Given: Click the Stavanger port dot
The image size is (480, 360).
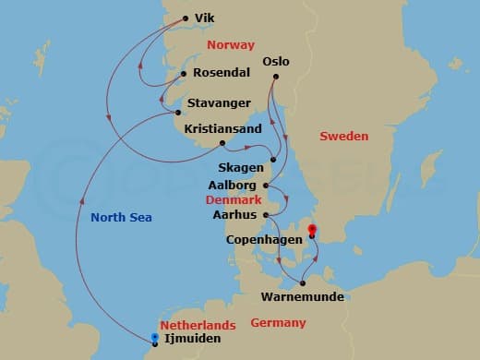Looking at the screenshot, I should [178, 113].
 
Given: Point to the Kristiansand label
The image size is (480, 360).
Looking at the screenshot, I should [222, 128].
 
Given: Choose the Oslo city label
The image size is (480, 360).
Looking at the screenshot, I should [276, 62].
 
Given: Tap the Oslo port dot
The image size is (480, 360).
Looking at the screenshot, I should [274, 78].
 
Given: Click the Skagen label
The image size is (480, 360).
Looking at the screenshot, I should [241, 168].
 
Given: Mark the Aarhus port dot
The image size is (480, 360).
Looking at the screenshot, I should [265, 214].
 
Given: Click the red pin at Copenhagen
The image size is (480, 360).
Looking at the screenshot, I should [312, 231].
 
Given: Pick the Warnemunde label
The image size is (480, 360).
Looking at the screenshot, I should [302, 296].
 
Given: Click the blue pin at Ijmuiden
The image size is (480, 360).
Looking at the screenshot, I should [154, 338].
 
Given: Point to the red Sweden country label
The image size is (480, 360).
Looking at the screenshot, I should [343, 137].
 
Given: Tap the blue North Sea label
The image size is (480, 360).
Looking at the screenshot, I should [121, 218].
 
